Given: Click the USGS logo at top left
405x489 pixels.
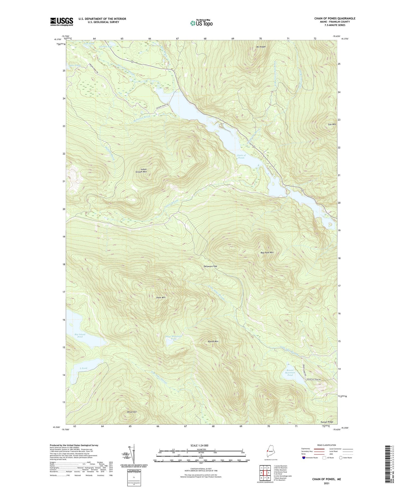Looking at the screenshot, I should (62, 21).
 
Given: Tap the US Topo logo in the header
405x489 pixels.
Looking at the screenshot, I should (201, 23).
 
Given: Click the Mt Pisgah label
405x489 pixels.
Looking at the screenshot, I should (261, 47).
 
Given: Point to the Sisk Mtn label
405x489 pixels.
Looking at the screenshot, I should (332, 124).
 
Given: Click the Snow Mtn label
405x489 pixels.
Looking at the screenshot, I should (161, 297).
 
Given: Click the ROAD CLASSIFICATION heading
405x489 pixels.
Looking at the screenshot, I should (327, 445).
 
